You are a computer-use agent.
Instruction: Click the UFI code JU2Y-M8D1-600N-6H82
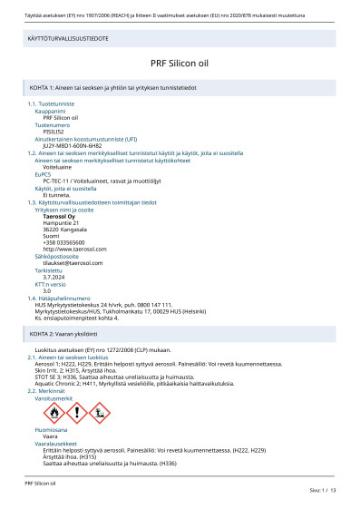[73, 145]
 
